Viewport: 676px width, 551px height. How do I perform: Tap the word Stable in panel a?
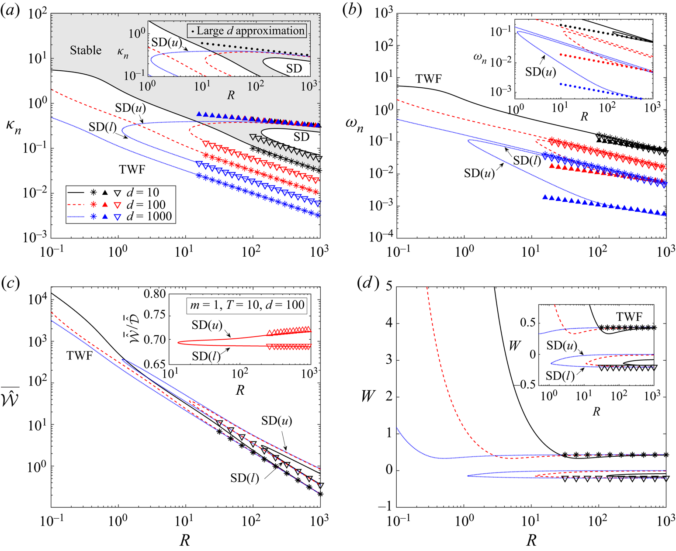pyautogui.click(x=86, y=50)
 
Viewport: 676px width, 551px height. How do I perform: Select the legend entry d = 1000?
pyautogui.click(x=149, y=217)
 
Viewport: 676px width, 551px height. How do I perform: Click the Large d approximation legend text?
pyautogui.click(x=250, y=31)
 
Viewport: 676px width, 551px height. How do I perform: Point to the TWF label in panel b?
pyautogui.click(x=428, y=79)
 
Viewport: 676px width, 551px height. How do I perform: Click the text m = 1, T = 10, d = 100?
pyautogui.click(x=247, y=304)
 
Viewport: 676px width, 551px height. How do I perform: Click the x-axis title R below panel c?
pyautogui.click(x=185, y=541)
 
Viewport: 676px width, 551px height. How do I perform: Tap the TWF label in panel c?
pyautogui.click(x=80, y=356)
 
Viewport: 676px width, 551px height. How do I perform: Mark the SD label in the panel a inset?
pyautogui.click(x=294, y=68)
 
